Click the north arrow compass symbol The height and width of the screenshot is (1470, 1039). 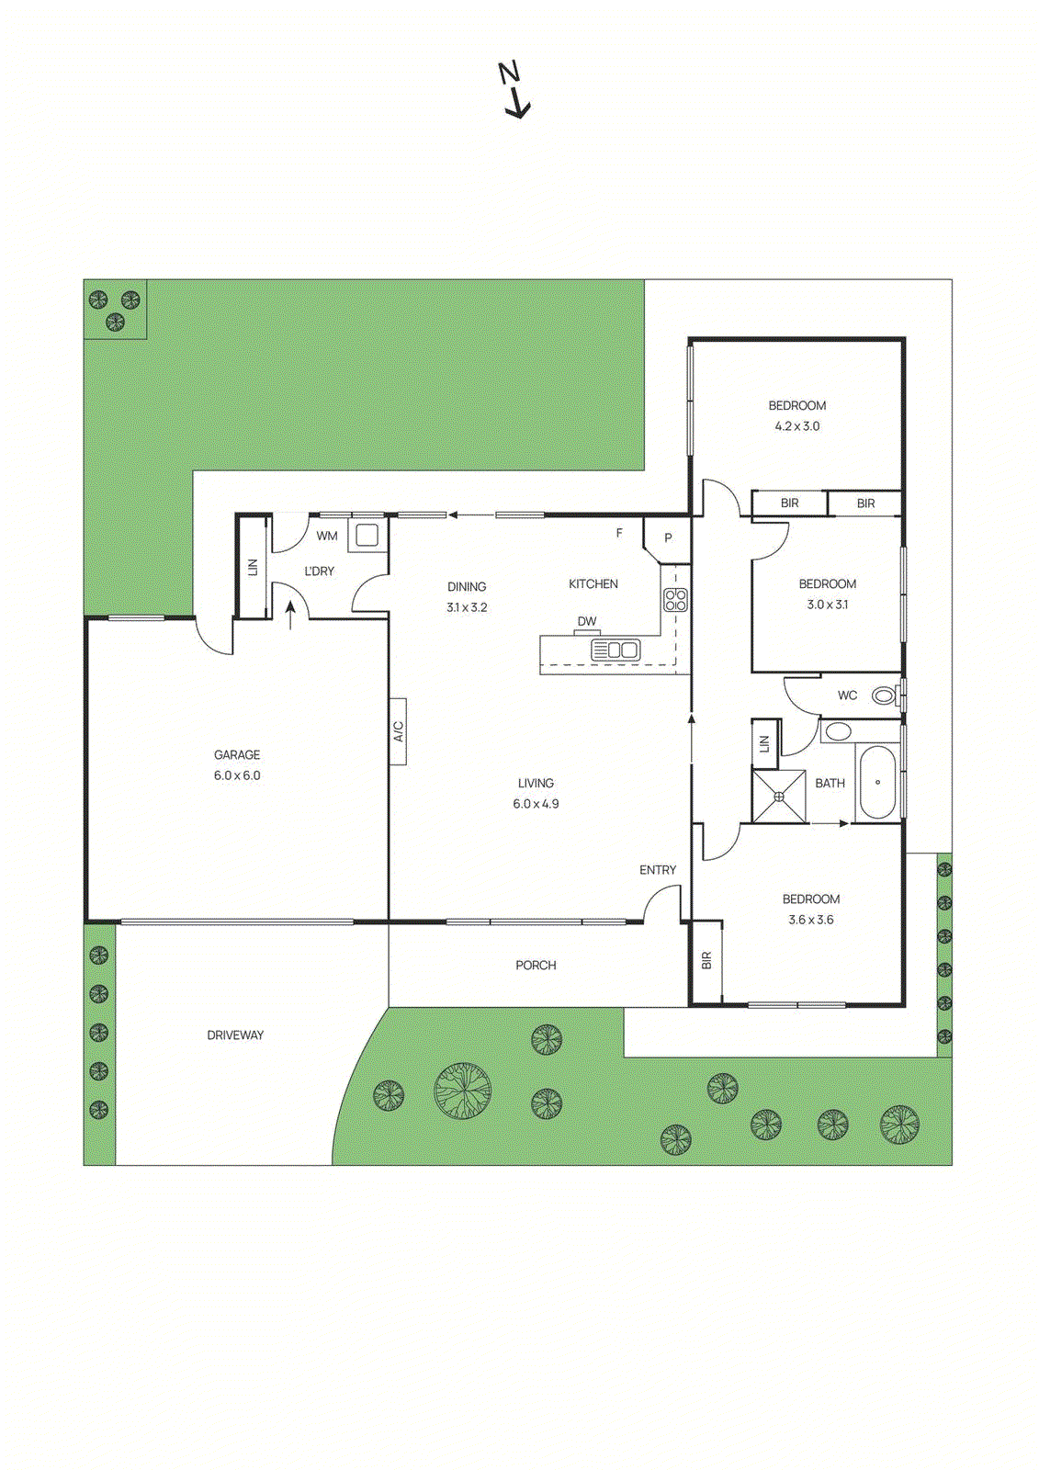[x=515, y=90]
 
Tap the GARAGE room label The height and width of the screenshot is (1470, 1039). [x=237, y=754]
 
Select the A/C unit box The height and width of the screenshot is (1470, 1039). [x=398, y=731]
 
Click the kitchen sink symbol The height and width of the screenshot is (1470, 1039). [x=615, y=650]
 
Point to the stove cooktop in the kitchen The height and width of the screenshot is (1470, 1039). [x=675, y=600]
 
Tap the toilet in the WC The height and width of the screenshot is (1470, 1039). [x=885, y=695]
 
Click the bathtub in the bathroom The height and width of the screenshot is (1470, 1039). [x=877, y=782]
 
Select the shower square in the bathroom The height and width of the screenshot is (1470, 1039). [x=779, y=797]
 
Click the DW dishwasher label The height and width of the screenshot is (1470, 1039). [x=587, y=621]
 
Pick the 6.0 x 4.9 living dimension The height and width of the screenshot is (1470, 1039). [x=536, y=804]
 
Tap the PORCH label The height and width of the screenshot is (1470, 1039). [x=536, y=965]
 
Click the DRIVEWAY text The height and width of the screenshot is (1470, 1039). [x=235, y=1035]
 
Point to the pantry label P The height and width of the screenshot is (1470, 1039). [x=668, y=538]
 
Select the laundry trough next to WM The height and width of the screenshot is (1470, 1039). [x=367, y=536]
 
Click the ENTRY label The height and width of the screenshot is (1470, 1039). [x=658, y=869]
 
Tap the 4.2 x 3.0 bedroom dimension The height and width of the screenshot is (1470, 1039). [x=797, y=426]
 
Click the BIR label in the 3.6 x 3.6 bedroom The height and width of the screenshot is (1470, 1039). [x=706, y=960]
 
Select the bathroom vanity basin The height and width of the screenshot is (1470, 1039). [x=837, y=732]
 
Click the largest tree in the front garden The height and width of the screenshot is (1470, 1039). [x=462, y=1091]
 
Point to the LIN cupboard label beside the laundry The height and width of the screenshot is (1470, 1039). [x=254, y=568]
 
